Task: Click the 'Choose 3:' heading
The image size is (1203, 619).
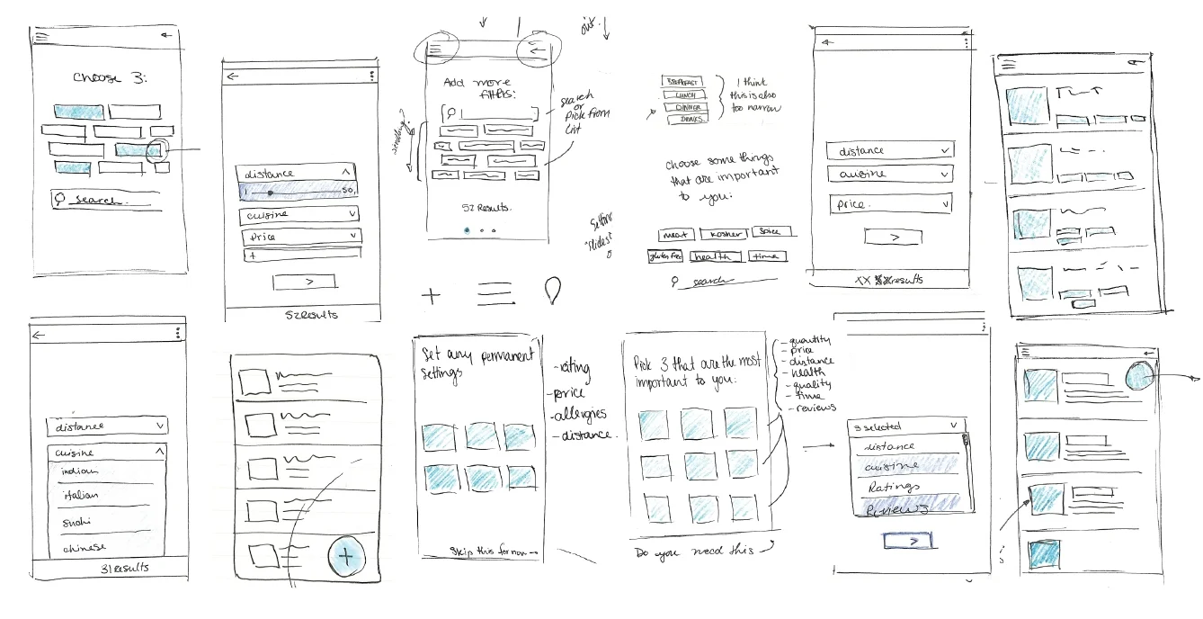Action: pos(110,77)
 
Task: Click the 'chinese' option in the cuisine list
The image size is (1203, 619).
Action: pos(84,546)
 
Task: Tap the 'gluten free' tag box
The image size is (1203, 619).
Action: pos(665,256)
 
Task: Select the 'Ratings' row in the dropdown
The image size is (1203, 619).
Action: pos(894,487)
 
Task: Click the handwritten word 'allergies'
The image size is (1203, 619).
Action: pos(581,414)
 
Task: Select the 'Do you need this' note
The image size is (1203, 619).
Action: pos(693,551)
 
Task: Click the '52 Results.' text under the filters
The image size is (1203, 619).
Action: pos(486,208)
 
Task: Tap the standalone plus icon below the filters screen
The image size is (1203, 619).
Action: pos(432,294)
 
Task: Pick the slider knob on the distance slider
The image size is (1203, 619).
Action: pos(270,193)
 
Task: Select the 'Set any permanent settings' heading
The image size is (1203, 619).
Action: pos(476,361)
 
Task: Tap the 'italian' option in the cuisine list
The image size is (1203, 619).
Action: pos(81,495)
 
